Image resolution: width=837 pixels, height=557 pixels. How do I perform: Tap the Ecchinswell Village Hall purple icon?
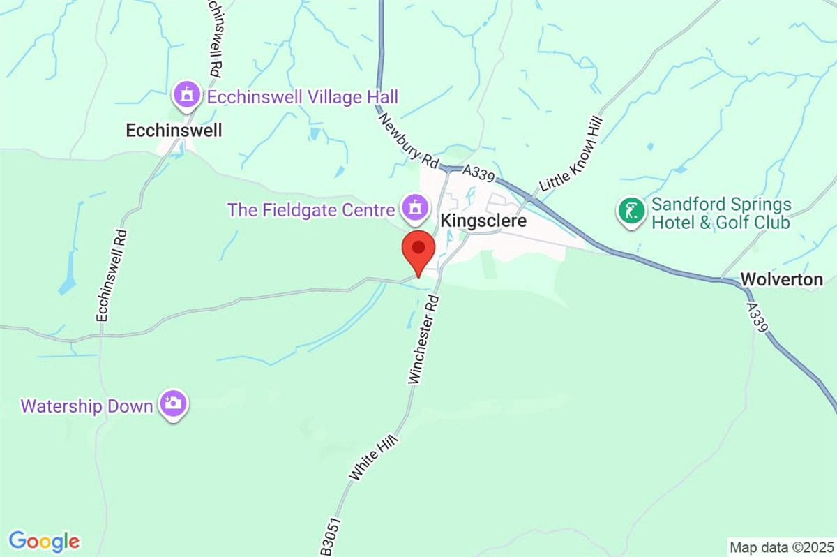[187, 95]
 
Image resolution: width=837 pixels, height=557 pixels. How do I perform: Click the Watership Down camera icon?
[173, 403]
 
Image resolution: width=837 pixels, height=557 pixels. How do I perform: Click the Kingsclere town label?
[483, 221]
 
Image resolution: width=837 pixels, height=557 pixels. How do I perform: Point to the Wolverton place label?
[781, 280]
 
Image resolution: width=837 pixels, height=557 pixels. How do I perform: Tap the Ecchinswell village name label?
[174, 130]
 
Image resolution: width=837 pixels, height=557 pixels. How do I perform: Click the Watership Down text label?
[86, 406]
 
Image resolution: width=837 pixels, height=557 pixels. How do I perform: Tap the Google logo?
[45, 541]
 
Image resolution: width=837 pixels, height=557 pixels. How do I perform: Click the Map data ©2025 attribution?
[781, 547]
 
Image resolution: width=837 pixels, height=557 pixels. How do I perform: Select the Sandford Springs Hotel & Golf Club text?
[721, 214]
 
